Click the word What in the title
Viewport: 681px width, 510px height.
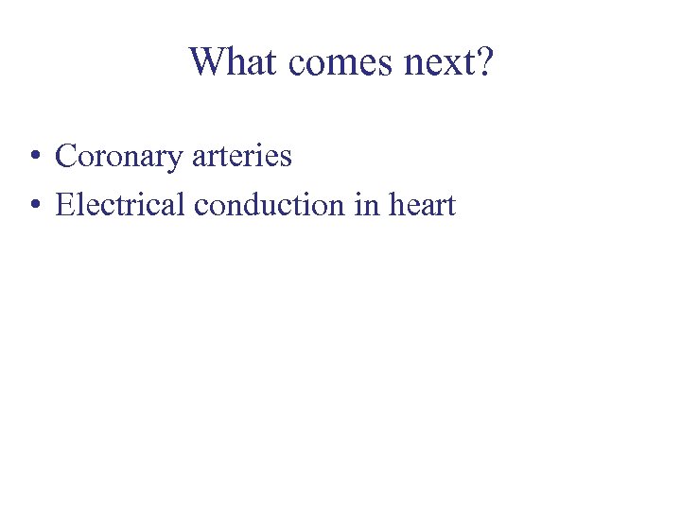(x=235, y=61)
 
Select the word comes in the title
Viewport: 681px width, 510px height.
(x=333, y=63)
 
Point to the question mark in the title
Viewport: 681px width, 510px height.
(x=483, y=61)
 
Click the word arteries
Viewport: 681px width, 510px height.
(x=241, y=156)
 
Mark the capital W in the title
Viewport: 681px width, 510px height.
(x=207, y=61)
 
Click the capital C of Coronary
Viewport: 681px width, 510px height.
(x=66, y=156)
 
